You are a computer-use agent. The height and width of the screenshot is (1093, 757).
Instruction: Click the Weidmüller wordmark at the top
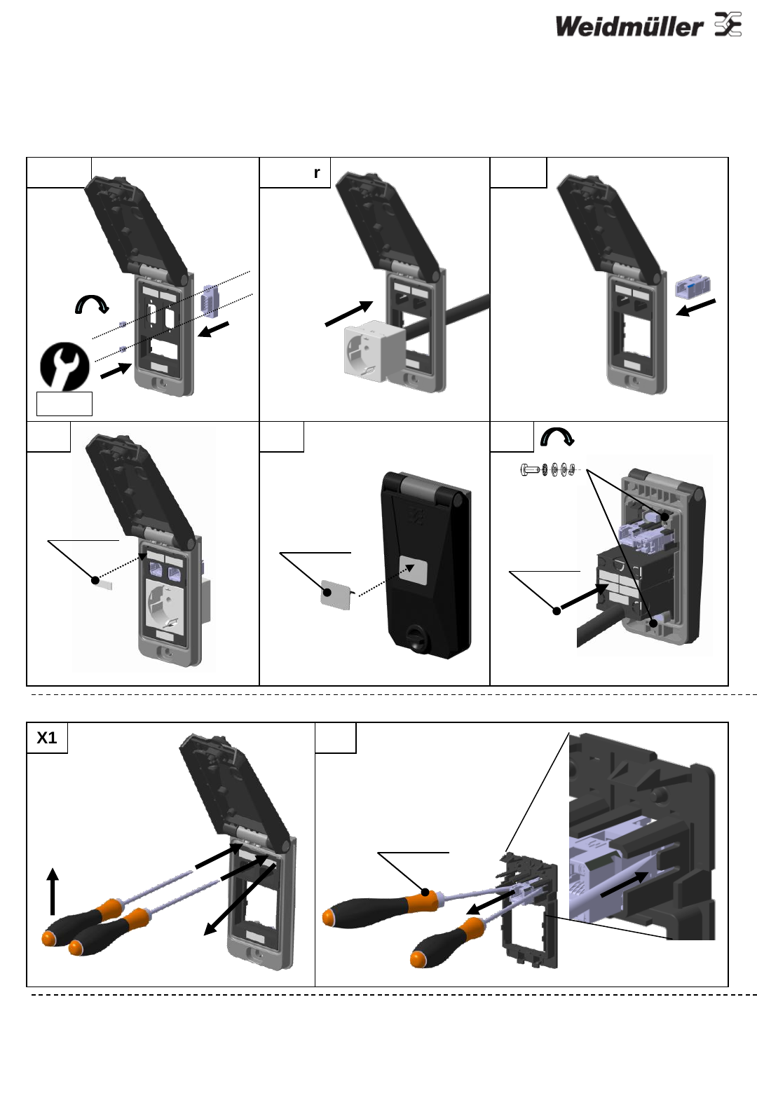[x=629, y=27]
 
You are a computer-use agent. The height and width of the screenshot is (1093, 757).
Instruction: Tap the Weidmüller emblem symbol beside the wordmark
[x=728, y=25]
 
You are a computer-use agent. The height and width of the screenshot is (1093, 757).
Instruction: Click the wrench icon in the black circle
[x=64, y=366]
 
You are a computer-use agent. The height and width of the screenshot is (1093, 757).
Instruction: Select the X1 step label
[x=47, y=737]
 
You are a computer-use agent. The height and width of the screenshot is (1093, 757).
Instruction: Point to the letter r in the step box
[x=317, y=173]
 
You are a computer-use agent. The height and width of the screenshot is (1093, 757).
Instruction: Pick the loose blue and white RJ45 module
[x=692, y=286]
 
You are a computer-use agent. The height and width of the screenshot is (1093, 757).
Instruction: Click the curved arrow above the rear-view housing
[x=557, y=436]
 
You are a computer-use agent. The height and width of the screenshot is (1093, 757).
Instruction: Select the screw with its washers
[x=548, y=470]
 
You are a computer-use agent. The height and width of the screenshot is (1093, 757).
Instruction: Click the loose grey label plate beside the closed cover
[x=336, y=594]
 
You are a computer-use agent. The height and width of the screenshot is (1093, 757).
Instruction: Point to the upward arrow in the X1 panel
[x=53, y=891]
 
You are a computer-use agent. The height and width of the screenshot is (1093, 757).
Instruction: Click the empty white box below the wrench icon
[x=64, y=404]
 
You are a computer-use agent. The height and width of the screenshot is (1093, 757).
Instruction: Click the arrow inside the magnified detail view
[x=625, y=884]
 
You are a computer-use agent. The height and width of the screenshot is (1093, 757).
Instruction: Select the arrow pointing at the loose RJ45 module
[x=695, y=308]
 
